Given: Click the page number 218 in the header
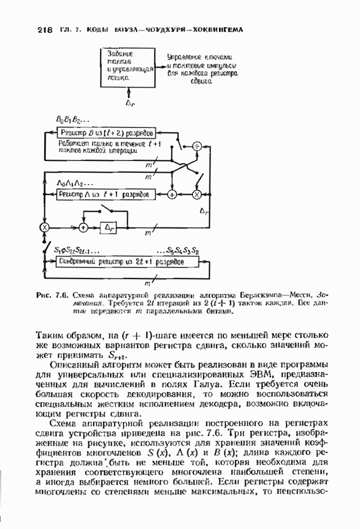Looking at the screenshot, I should pos(44,29).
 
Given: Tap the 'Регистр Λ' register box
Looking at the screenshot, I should pos(106,193).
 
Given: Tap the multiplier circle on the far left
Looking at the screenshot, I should pos(44,227).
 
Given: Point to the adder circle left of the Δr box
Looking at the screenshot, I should pos(84,227).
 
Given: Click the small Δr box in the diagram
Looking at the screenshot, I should pos(108,227).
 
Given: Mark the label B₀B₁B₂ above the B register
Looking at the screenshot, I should pos(69,120).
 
